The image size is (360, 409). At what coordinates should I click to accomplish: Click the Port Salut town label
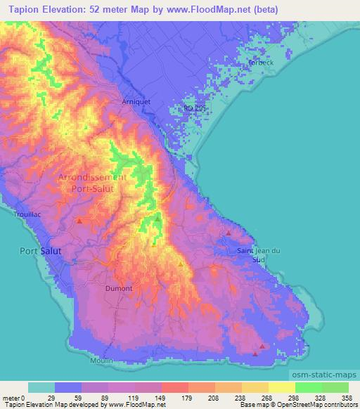[40, 250]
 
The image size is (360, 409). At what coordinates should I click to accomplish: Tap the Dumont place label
[118, 288]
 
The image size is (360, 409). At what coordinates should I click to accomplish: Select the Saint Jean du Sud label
[259, 255]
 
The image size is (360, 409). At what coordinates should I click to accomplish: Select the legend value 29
[69, 397]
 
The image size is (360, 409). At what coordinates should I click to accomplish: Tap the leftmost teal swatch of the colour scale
[41, 387]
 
